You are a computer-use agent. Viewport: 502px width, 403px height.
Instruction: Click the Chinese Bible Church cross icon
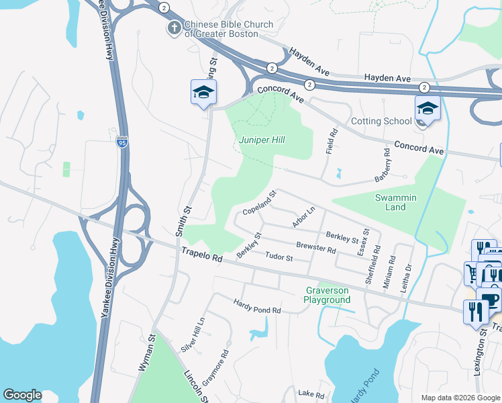pyautogui.click(x=174, y=28)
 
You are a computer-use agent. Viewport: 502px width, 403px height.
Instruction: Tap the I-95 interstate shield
pyautogui.click(x=122, y=143)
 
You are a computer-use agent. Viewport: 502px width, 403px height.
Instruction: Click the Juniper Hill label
pyautogui.click(x=262, y=140)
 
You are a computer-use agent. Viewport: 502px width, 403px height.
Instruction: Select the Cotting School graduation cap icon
pyautogui.click(x=427, y=107)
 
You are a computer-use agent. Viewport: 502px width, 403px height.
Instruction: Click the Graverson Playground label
pyautogui.click(x=328, y=295)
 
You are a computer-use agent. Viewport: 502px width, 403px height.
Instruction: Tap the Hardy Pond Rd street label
pyautogui.click(x=257, y=307)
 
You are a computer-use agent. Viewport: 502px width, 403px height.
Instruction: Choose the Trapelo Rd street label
pyautogui.click(x=201, y=254)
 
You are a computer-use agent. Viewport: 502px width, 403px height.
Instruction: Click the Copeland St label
pyautogui.click(x=260, y=203)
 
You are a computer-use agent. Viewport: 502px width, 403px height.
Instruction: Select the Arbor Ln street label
pyautogui.click(x=304, y=217)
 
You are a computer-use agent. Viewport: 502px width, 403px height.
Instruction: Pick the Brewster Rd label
pyautogui.click(x=315, y=248)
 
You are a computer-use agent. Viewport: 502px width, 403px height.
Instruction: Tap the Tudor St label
pyautogui.click(x=279, y=257)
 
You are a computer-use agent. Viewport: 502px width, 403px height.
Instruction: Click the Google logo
pyautogui.click(x=22, y=395)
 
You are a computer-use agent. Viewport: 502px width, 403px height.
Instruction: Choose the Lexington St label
pyautogui.click(x=480, y=366)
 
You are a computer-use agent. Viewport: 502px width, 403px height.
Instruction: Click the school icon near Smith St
pyautogui.click(x=203, y=93)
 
